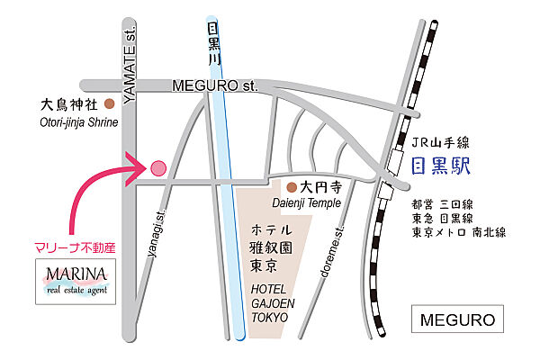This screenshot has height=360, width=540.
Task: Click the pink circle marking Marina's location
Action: [157, 167]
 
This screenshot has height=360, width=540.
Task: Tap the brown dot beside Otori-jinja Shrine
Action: [110, 103]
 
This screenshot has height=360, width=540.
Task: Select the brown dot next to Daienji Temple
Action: [291, 188]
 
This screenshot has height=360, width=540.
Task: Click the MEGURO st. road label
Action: [214, 86]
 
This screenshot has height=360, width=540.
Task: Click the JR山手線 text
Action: [441, 143]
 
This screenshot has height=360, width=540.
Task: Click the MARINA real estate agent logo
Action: [76, 280]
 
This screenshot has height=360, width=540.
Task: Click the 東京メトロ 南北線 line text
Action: [458, 232]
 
